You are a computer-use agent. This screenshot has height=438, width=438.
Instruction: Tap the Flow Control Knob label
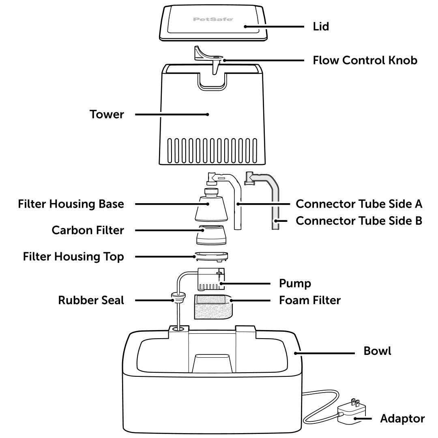click(365, 61)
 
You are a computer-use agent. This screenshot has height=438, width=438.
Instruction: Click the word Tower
click(107, 115)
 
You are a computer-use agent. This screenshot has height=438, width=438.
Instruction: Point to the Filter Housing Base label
click(71, 204)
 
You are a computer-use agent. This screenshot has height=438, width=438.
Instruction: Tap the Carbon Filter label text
click(88, 230)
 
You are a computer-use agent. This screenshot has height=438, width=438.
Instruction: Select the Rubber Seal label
click(91, 301)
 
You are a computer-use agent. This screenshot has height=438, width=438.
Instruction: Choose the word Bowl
click(378, 351)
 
